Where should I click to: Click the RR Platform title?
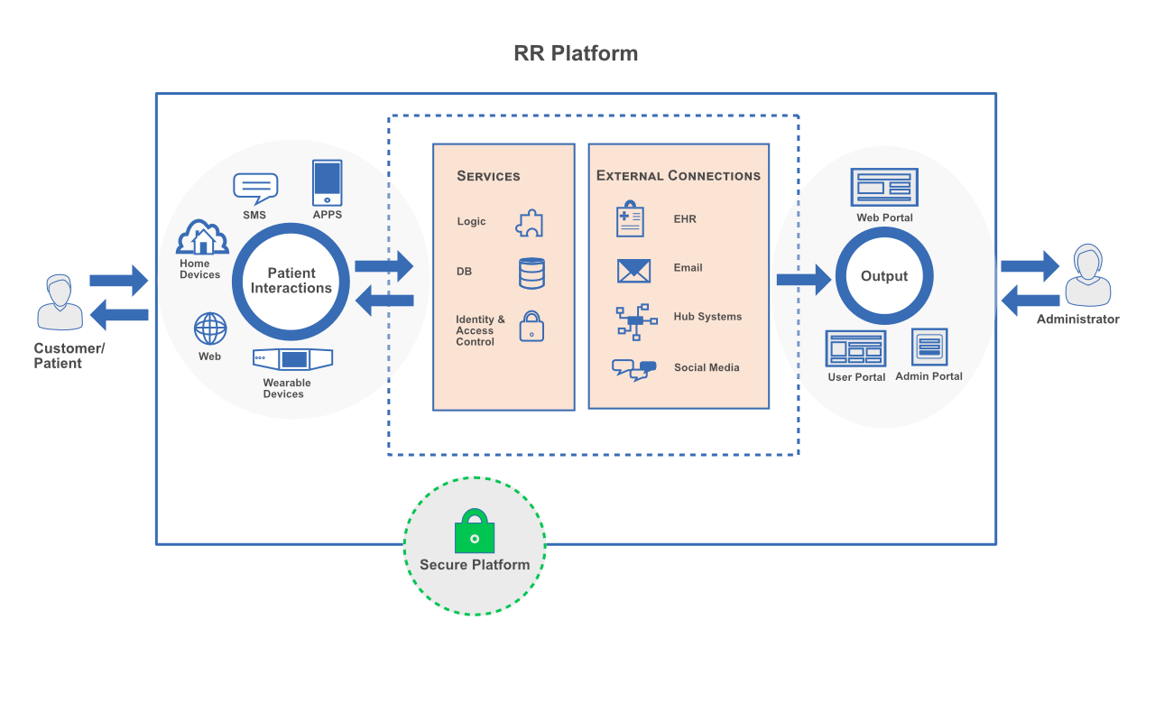click(576, 53)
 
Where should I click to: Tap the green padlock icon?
click(475, 532)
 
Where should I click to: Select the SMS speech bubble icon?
click(255, 189)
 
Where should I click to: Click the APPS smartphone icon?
click(327, 183)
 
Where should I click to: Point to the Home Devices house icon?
click(202, 238)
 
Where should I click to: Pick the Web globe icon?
click(210, 329)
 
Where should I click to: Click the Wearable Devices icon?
click(292, 359)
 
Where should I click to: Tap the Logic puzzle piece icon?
click(530, 223)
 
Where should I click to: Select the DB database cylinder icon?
click(531, 273)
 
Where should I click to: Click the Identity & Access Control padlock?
click(531, 326)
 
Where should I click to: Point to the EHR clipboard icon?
click(630, 219)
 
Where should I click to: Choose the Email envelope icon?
click(633, 270)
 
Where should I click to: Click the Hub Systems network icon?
click(635, 322)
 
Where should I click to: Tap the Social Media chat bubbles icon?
click(633, 370)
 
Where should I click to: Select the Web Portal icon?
click(884, 188)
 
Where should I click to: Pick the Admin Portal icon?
click(929, 347)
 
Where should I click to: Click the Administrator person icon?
click(1087, 276)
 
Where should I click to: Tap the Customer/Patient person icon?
click(60, 304)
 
